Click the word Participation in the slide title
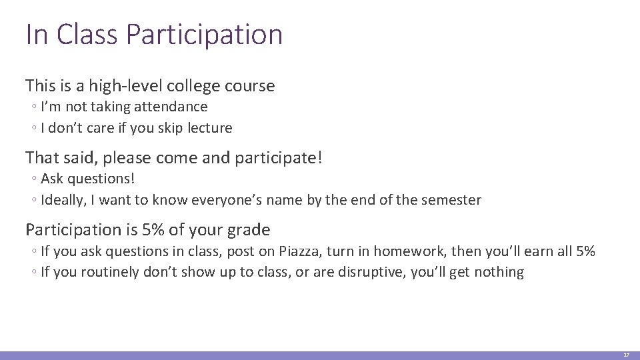[204, 35]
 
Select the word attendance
[171, 107]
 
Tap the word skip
[157, 128]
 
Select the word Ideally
[62, 200]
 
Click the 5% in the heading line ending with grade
[153, 230]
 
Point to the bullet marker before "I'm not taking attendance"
[33, 107]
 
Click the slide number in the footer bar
[626, 355]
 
